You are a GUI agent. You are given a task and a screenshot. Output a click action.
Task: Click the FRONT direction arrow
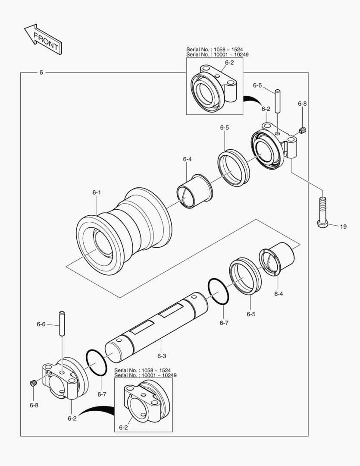[44, 39]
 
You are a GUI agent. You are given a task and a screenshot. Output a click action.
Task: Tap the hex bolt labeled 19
[322, 213]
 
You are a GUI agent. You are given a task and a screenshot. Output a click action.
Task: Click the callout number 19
[343, 227]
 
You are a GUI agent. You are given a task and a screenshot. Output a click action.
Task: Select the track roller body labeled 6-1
[124, 232]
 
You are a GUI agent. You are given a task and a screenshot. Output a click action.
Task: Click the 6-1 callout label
[97, 192]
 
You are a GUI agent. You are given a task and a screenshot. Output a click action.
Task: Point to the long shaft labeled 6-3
[157, 327]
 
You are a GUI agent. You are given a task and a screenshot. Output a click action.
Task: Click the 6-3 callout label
[162, 356]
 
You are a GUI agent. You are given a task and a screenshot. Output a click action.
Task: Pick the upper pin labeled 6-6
[277, 101]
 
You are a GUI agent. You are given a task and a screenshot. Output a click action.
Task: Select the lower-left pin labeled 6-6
[62, 323]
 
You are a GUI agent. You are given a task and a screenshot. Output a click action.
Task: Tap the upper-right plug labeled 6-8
[302, 130]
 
